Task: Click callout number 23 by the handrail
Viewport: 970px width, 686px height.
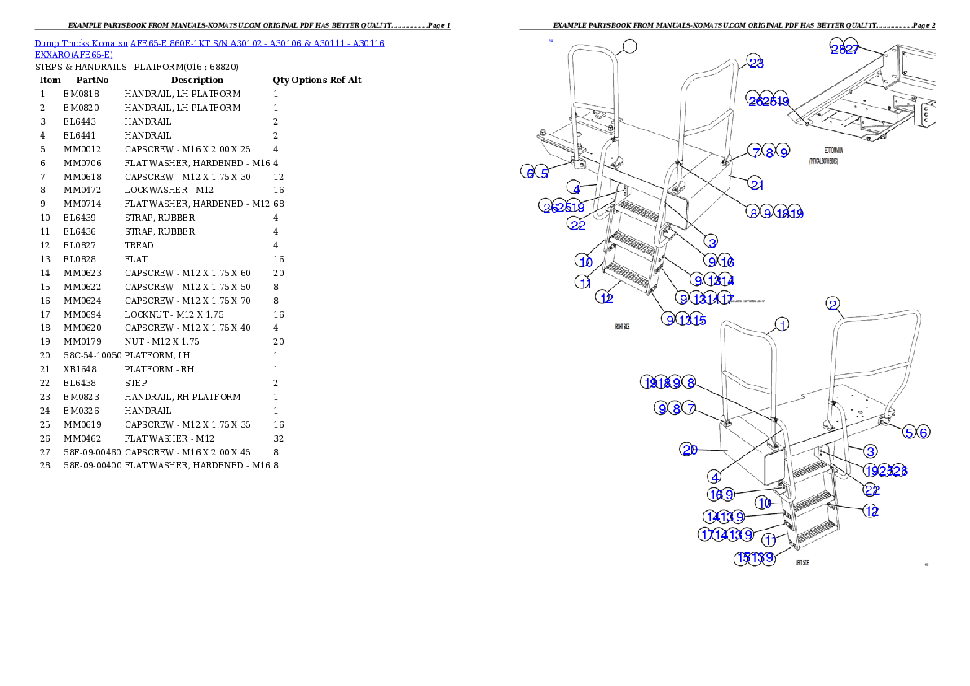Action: click(x=756, y=63)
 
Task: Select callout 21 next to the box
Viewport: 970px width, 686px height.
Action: click(x=756, y=184)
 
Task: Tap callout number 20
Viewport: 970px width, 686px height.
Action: click(x=690, y=449)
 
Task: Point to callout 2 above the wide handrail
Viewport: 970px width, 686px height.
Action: click(x=832, y=304)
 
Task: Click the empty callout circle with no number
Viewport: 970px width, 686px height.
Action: click(x=629, y=46)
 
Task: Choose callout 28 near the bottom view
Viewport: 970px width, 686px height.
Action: click(x=837, y=47)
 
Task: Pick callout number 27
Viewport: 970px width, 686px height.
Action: click(x=851, y=47)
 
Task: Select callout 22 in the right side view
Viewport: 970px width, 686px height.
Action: click(x=577, y=224)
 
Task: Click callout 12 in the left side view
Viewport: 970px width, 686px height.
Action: click(x=871, y=511)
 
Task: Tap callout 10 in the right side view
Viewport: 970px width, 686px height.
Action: click(x=585, y=261)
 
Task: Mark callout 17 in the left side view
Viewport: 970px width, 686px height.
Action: click(x=706, y=534)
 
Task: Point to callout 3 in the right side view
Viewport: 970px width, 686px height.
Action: click(x=711, y=241)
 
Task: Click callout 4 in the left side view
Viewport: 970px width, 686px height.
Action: click(x=714, y=477)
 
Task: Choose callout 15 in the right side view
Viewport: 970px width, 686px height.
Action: click(x=699, y=319)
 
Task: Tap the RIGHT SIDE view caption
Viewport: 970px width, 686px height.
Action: click(x=624, y=326)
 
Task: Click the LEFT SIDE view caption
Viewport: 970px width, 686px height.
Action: click(x=802, y=563)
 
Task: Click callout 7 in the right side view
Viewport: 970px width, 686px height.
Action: click(x=756, y=152)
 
